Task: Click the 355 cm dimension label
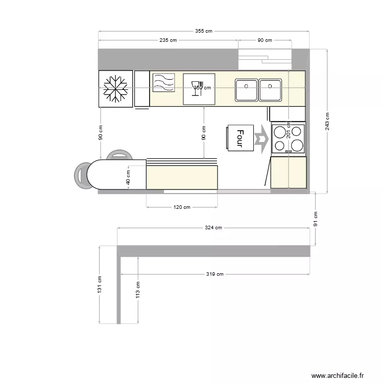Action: [x=203, y=31]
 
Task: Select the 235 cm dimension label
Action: [x=168, y=40]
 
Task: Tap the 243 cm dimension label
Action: [x=327, y=121]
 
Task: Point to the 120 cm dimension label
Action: [x=182, y=207]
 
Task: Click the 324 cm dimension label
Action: [x=213, y=228]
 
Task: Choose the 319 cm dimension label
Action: [x=215, y=274]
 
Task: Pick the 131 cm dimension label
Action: [x=99, y=284]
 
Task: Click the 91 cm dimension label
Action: [x=316, y=219]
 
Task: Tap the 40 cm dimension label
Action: [x=128, y=178]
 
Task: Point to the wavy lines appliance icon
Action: [x=163, y=83]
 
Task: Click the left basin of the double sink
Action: [x=246, y=90]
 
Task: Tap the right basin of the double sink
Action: [x=270, y=90]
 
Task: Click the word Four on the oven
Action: [x=240, y=138]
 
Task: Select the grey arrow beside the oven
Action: [x=261, y=138]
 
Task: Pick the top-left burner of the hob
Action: [x=280, y=133]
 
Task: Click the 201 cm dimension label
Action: [x=289, y=130]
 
